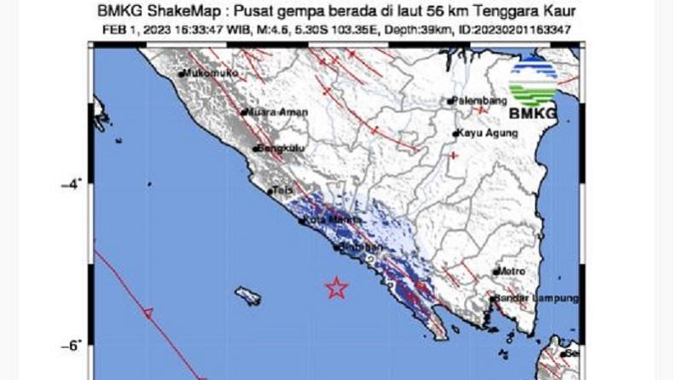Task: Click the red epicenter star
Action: coord(337,288)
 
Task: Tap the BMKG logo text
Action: coord(532,114)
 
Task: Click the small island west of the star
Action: coord(248,296)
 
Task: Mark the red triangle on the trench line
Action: coord(148,313)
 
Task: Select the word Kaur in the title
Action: coord(559,11)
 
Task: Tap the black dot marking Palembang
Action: coord(450,102)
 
